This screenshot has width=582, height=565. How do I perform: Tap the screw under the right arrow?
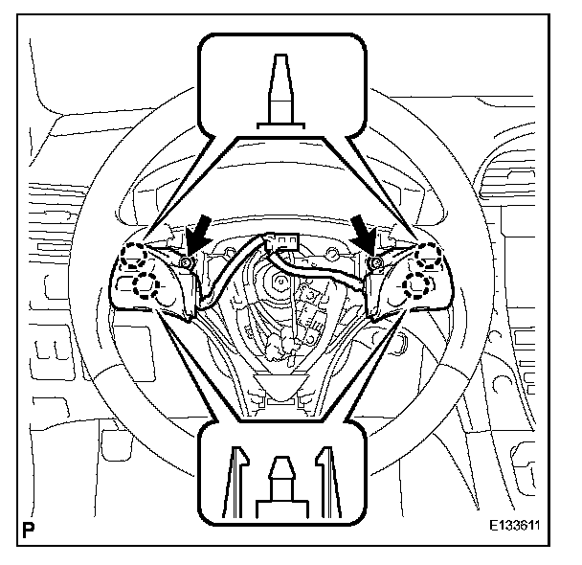pos(377,262)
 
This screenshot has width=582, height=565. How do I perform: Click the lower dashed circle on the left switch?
pos(146,283)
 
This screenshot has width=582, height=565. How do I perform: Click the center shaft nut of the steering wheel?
pos(282,285)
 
